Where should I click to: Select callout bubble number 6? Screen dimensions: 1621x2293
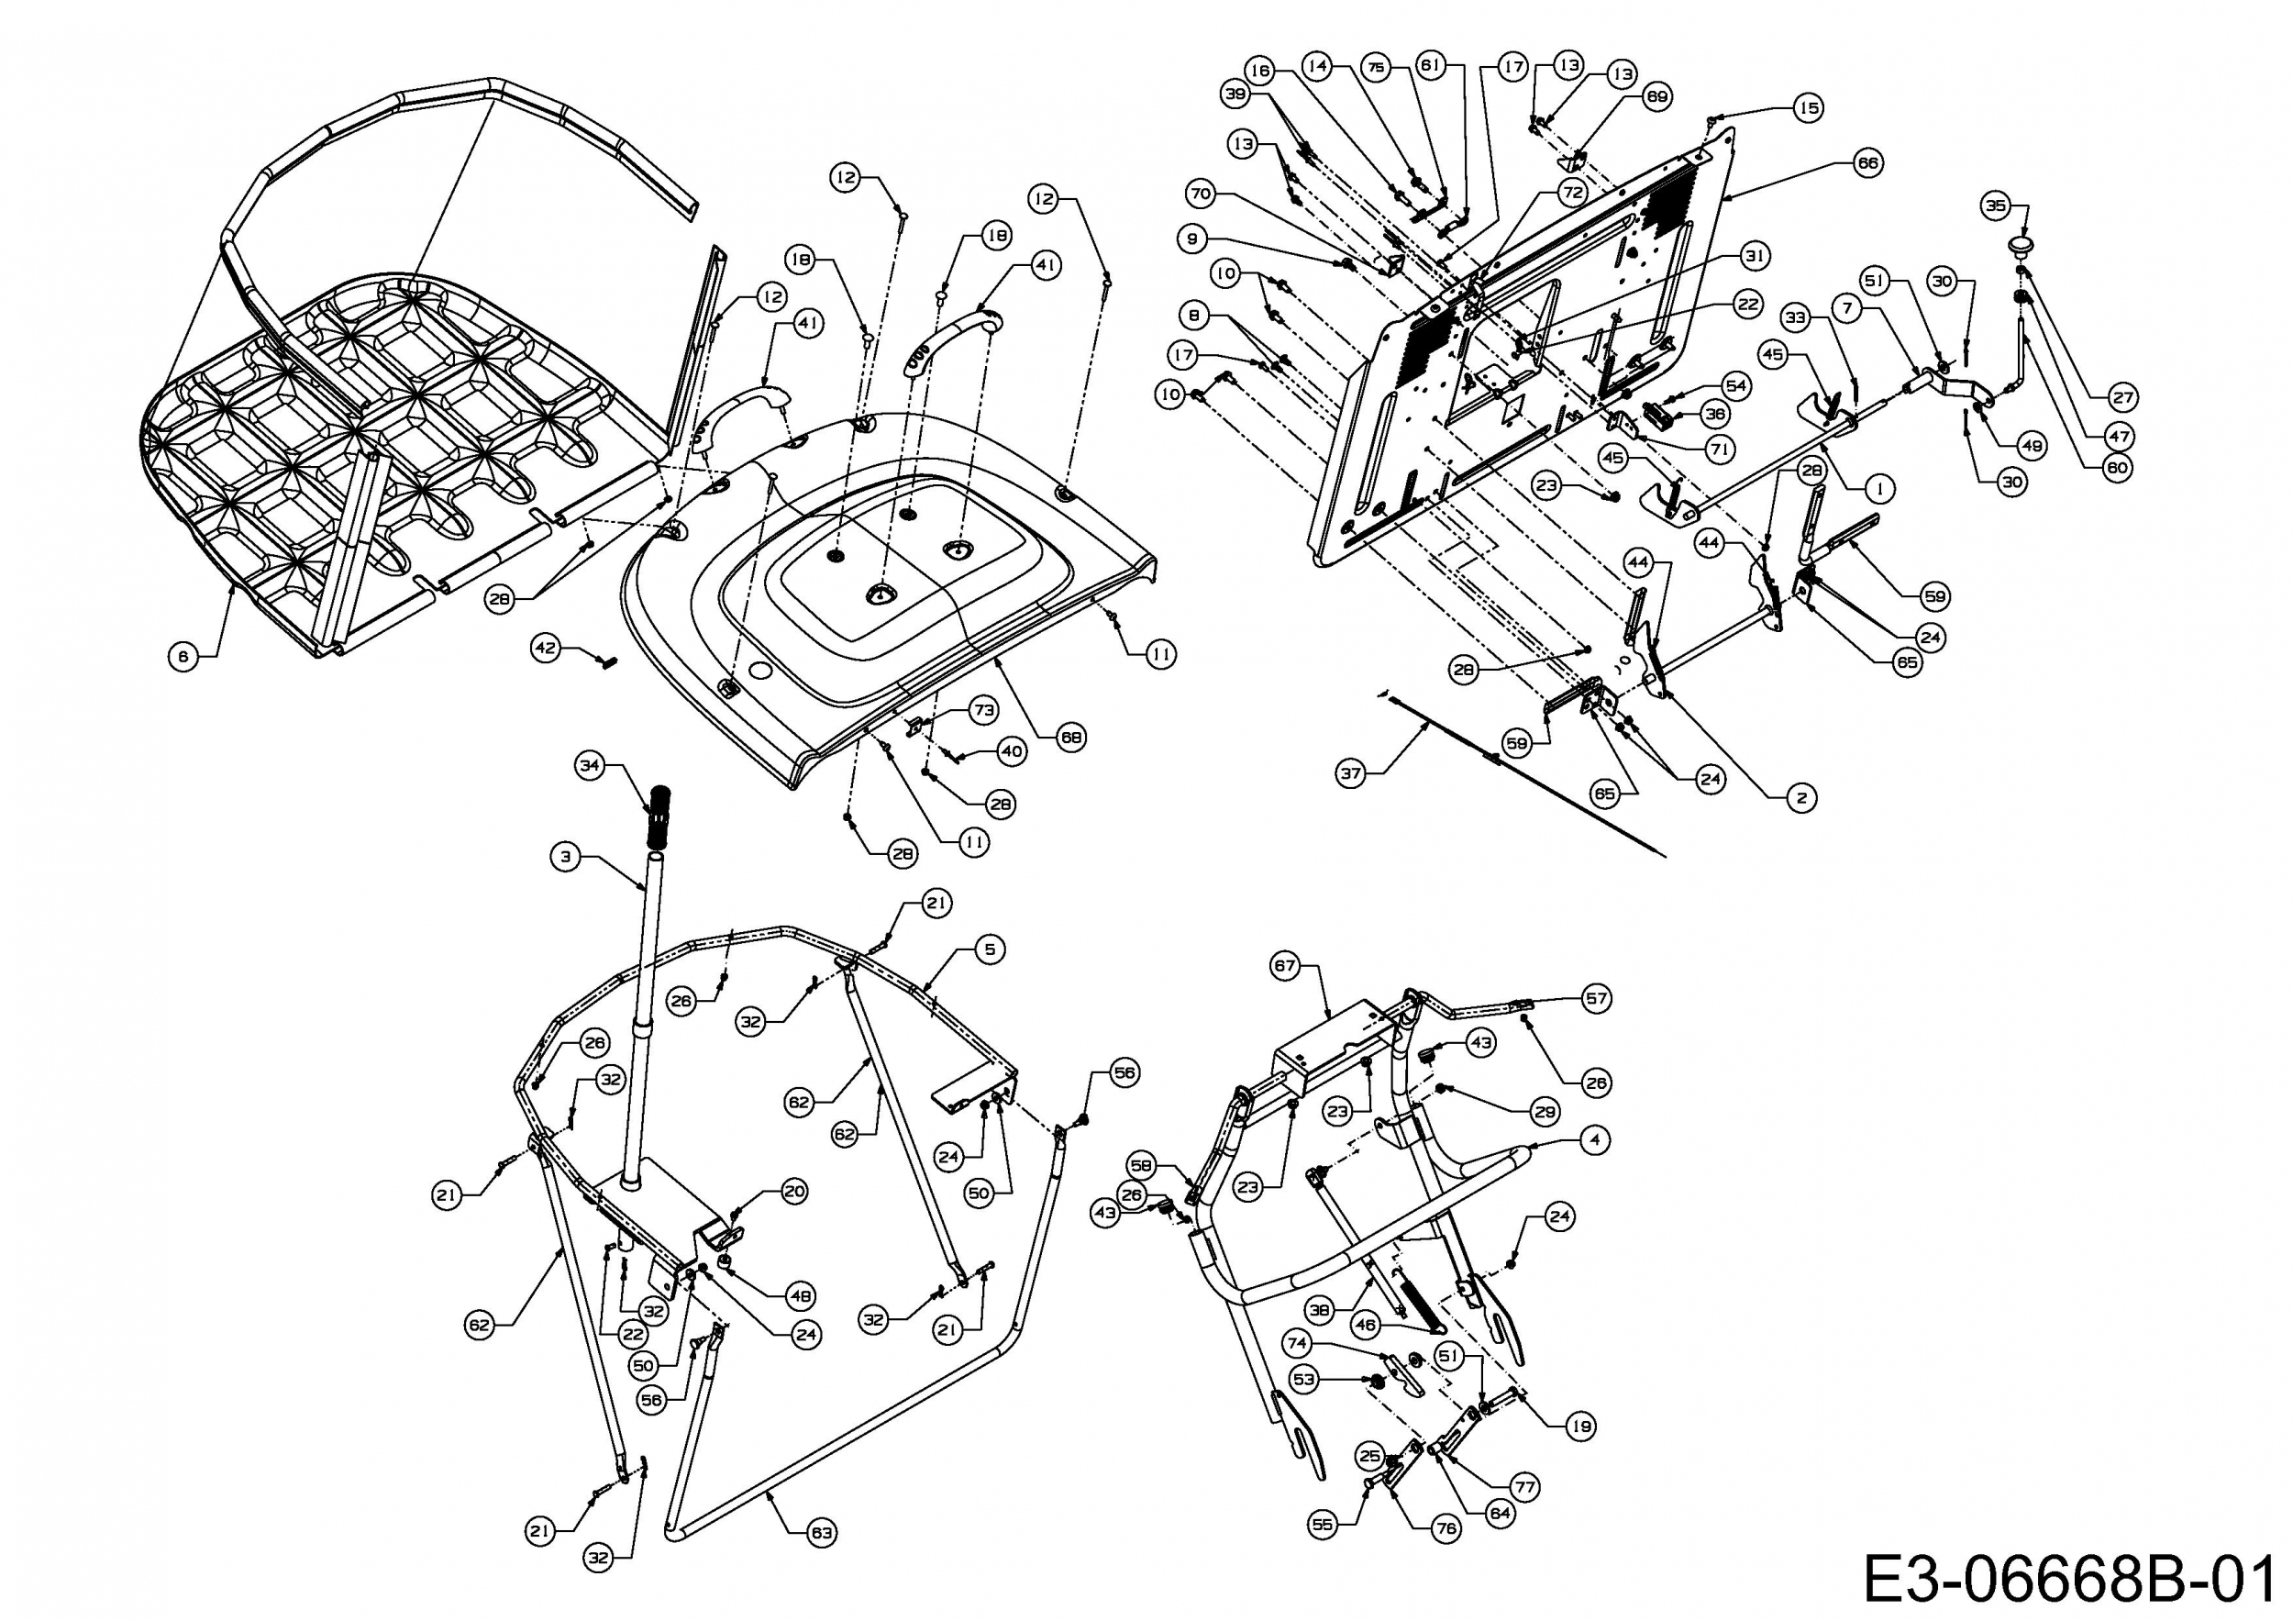coord(182,656)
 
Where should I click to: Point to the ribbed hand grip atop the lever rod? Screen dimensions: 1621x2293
coord(661,815)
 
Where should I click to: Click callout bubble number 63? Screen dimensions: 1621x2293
coord(822,1532)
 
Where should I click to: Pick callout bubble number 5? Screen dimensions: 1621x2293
coord(990,948)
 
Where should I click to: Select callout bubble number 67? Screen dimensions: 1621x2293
coord(1284,966)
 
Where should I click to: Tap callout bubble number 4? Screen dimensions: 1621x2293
coord(1595,1139)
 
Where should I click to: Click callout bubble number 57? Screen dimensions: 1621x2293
coord(1597,998)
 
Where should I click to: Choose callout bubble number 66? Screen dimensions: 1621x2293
coord(1867,162)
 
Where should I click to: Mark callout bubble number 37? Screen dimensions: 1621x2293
coord(1351,773)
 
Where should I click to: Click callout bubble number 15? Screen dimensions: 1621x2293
coord(1809,108)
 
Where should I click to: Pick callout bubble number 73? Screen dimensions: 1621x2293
coord(984,710)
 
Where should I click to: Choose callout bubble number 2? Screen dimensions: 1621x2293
coord(1801,797)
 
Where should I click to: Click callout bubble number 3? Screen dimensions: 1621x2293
coord(566,856)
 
